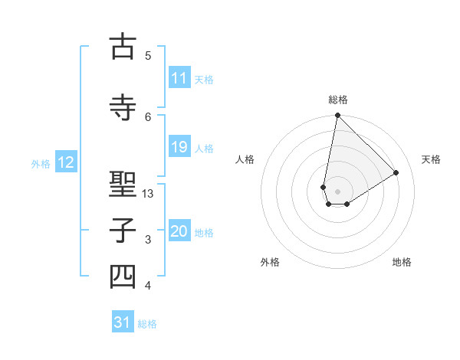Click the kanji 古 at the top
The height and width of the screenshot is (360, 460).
coord(123,47)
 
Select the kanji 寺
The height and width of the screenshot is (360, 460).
coord(123,107)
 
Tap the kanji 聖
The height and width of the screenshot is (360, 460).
coord(123,185)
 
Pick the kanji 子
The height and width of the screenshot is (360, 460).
coord(123,231)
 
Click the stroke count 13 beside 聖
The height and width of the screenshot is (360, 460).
coord(148,194)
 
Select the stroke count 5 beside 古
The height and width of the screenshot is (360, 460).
coord(148,55)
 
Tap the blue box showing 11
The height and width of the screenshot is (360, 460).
coord(179,78)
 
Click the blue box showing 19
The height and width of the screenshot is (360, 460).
coord(179,147)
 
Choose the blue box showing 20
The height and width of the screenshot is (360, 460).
coord(179,231)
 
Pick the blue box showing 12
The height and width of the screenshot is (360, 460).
coord(66,162)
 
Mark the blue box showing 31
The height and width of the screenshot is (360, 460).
coord(123,322)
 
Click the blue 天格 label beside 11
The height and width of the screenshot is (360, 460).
coord(204,79)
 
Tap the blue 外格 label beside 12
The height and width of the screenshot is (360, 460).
coord(41,163)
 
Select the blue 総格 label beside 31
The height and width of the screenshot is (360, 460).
coord(147,324)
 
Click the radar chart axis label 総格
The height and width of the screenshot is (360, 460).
coord(337,100)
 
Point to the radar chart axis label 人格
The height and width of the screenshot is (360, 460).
coord(245,159)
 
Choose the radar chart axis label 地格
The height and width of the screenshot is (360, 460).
coord(402,262)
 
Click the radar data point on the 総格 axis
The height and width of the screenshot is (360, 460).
coord(337,116)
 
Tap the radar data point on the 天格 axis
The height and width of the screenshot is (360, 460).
coord(396,172)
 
